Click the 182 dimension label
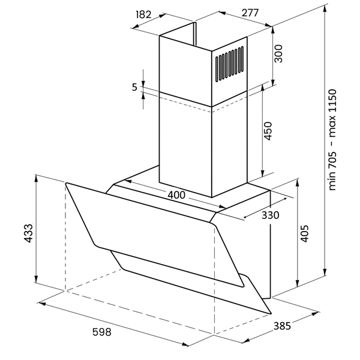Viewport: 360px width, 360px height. [x=143, y=14]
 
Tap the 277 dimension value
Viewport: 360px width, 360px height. [x=250, y=13]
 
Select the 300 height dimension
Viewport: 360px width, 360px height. [x=278, y=53]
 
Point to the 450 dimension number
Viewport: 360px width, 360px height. [x=268, y=131]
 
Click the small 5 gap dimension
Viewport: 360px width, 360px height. [x=134, y=87]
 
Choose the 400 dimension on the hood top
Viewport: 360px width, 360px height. [x=176, y=195]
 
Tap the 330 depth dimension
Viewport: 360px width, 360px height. [x=271, y=215]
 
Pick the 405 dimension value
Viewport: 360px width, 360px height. [x=304, y=233]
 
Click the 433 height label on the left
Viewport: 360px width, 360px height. [x=29, y=233]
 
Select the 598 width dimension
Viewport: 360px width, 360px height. [x=102, y=332]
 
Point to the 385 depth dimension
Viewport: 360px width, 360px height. [x=282, y=326]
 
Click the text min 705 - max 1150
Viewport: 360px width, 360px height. [x=332, y=140]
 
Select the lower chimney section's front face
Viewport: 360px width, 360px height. [x=185, y=145]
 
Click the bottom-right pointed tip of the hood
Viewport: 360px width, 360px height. [x=271, y=313]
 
